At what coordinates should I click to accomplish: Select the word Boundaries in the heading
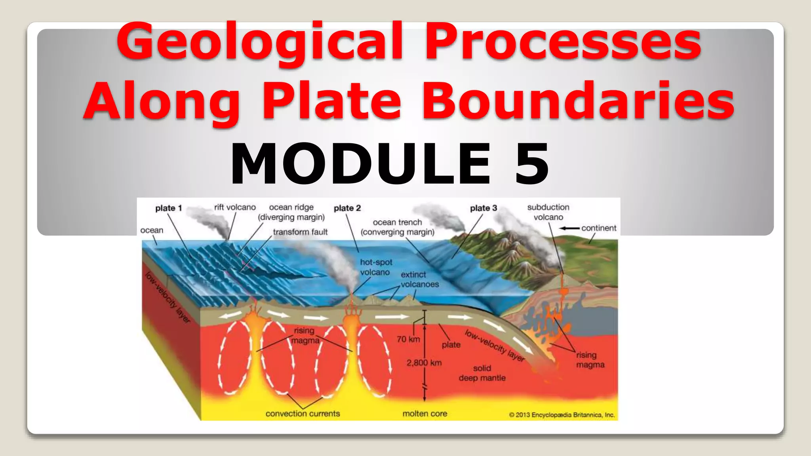(578, 101)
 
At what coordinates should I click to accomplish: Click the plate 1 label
(168, 208)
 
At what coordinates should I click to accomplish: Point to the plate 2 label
(347, 208)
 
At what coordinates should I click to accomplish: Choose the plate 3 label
(483, 208)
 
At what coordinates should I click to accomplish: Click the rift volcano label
(235, 207)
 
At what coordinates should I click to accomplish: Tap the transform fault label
(300, 232)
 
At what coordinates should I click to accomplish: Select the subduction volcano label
(548, 212)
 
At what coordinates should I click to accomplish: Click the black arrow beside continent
(569, 228)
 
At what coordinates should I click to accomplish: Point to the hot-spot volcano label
(376, 267)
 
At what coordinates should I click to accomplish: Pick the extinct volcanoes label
(419, 279)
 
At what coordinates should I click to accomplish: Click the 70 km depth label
(408, 339)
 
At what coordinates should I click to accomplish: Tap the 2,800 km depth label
(424, 363)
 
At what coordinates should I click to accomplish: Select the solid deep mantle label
(482, 373)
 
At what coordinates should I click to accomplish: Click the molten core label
(425, 414)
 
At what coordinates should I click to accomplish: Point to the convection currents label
(303, 414)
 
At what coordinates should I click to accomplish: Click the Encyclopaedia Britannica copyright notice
(562, 415)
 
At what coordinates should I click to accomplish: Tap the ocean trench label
(397, 227)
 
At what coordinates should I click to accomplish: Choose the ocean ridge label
(291, 212)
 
